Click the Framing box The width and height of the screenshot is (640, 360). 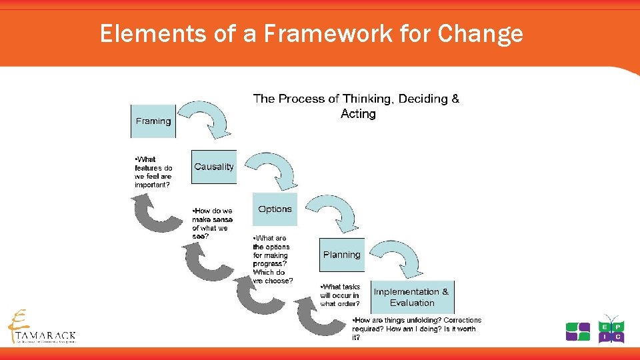(x=153, y=121)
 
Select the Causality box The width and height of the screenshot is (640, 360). (x=214, y=167)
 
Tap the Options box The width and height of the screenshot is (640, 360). (x=275, y=209)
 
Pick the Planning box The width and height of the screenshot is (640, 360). (x=341, y=255)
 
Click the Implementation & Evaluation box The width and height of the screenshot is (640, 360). (x=411, y=297)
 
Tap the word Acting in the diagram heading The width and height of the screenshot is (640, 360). (x=358, y=114)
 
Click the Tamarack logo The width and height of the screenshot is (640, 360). (x=41, y=327)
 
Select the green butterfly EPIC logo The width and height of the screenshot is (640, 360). (x=611, y=328)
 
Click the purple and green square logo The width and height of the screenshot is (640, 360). (x=577, y=331)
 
